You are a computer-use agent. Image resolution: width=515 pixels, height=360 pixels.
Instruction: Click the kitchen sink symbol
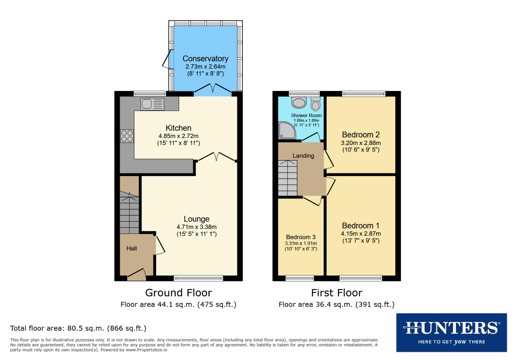coord(152,104)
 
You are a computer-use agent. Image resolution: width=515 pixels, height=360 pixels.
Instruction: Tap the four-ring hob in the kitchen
coord(127,136)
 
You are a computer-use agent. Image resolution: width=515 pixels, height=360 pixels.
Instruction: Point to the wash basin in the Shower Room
coord(299,102)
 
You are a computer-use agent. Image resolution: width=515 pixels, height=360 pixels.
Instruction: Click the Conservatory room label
coord(205,59)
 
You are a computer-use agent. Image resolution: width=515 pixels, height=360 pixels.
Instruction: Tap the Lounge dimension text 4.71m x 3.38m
coord(196,227)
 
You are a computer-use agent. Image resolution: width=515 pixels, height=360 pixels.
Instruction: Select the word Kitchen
coord(178,128)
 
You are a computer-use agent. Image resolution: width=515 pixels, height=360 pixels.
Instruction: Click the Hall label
coord(131,248)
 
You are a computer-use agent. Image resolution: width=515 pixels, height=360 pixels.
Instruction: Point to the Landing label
coord(303,156)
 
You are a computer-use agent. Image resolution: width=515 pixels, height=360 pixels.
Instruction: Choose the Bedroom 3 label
coord(301,237)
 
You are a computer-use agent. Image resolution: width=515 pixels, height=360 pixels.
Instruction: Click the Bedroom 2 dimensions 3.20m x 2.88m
coord(361,143)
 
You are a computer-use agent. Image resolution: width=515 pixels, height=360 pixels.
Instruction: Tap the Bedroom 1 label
coord(361,226)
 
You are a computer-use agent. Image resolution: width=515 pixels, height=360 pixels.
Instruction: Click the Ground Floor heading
coord(178,293)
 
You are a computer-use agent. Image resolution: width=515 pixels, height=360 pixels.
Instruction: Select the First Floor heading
coord(337,293)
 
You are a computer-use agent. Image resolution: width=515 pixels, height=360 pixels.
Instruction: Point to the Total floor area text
coord(78,328)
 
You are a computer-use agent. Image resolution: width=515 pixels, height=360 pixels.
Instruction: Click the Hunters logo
coord(451,332)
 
